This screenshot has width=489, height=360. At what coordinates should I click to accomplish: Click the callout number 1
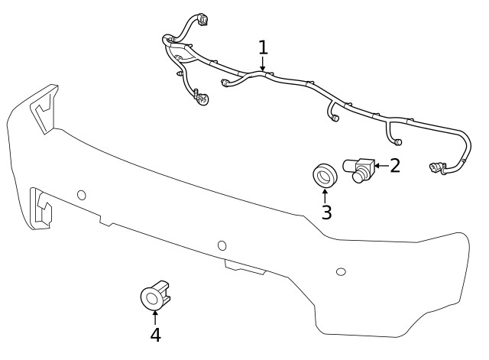coord(263,47)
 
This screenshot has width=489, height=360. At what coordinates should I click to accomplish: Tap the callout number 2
coord(394,165)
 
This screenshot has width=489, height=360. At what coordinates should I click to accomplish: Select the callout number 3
coord(326,212)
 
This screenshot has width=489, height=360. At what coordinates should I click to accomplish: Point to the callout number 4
coord(155,334)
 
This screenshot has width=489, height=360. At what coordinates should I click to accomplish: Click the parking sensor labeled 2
coord(358,169)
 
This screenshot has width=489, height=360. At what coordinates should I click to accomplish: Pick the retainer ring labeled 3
coord(323,175)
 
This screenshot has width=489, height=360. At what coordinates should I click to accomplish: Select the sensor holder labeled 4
coord(155,294)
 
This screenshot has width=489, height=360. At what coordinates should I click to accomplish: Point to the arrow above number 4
coord(155,316)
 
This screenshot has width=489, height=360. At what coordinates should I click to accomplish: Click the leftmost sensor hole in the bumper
coord(82,195)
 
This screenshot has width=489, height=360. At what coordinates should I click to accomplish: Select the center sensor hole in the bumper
coord(222,245)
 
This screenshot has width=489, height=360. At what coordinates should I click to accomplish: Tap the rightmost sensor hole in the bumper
coord(341,271)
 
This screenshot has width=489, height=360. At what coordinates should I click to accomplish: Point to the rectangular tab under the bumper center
coord(244,267)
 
